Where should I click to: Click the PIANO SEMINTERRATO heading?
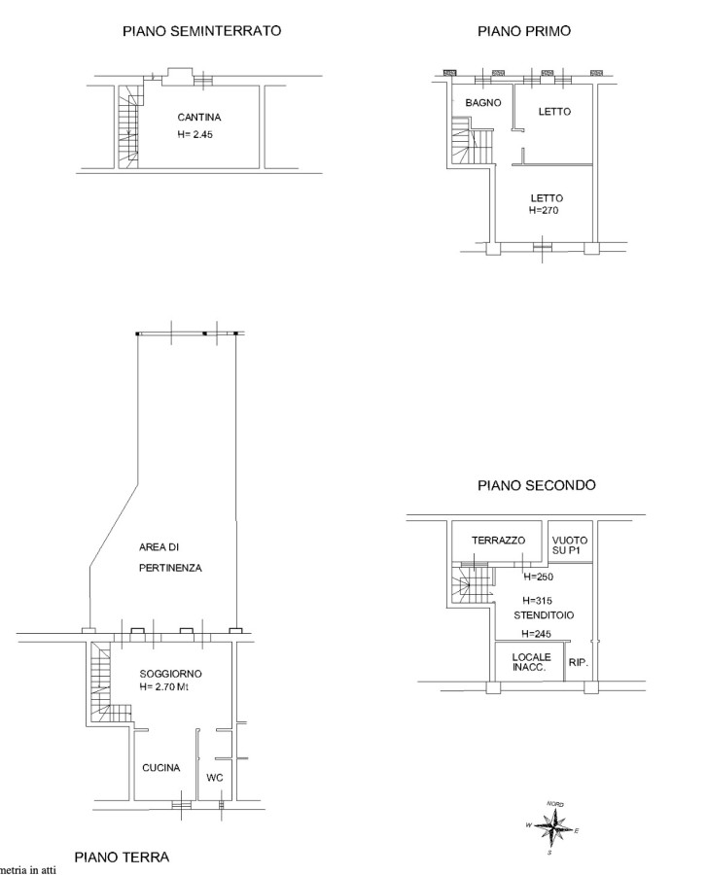pos(201,31)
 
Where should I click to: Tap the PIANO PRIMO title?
pos(524,31)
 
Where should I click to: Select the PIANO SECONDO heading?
pos(537,485)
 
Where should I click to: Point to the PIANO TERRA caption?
pos(122,857)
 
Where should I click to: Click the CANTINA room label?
pos(198,118)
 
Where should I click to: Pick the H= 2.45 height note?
pos(195,134)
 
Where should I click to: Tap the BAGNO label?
pos(483,103)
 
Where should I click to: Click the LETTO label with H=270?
pos(547,198)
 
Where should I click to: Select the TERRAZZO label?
pos(498,541)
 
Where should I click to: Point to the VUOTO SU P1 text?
pos(570,544)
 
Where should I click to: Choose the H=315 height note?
pos(537,601)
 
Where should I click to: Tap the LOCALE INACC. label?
pos(531,662)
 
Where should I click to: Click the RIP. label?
pos(578,662)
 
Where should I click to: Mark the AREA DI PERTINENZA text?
pos(170,557)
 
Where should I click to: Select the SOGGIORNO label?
pos(170,674)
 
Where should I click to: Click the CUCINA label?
pos(160,768)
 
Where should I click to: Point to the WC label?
pos(214,778)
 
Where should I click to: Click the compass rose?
pos(552,826)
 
